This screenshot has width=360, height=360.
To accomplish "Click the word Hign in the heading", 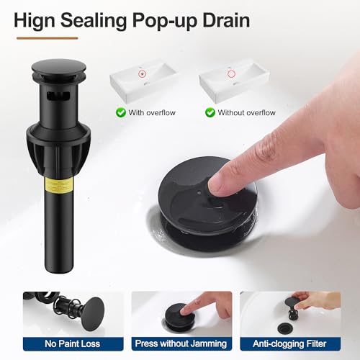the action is tap(35, 21).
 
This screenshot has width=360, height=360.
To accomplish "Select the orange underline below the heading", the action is tap(48, 38).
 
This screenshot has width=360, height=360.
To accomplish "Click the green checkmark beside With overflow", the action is tap(121, 112).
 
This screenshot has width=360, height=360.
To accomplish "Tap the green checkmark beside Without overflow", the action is tap(210, 112).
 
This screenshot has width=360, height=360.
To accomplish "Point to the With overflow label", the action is tap(152, 112).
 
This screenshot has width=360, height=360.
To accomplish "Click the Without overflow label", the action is tap(246, 112).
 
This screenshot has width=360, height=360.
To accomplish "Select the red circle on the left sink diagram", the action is tap(143, 74).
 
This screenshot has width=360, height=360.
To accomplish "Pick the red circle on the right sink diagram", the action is tap(231, 74).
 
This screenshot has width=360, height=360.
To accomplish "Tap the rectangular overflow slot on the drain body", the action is tap(58, 96).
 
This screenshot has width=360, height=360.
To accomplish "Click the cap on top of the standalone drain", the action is tap(59, 68).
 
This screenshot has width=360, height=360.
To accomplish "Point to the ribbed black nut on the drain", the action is tap(59, 149).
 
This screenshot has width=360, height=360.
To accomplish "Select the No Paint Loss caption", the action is tap(73, 343).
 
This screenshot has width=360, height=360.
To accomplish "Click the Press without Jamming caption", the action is tap(181, 343).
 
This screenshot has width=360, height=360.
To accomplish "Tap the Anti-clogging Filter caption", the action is tap(289, 343).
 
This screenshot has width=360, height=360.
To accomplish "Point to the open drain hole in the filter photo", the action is tap(287, 328).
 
